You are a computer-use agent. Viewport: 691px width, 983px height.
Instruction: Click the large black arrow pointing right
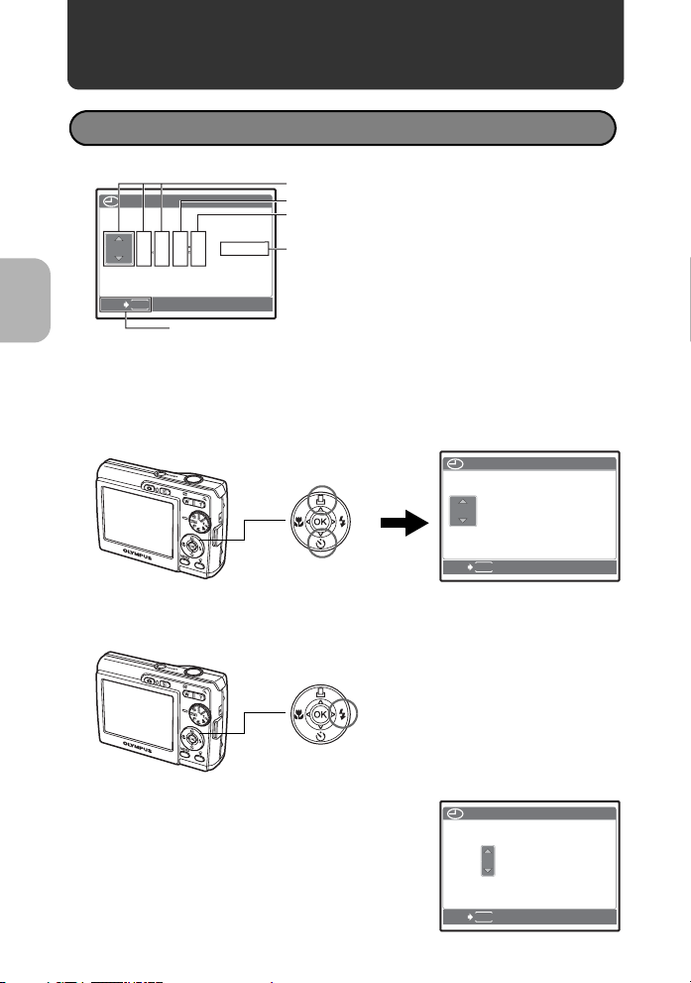[x=404, y=522]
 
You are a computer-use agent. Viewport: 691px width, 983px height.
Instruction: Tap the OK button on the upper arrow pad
[x=320, y=522]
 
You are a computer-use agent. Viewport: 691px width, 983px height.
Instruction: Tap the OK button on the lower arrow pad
[x=320, y=714]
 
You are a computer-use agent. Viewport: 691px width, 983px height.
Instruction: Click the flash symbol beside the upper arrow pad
[x=342, y=521]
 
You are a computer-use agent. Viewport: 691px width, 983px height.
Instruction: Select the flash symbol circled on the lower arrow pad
[x=342, y=713]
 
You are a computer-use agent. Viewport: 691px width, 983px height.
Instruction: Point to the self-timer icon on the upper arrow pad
[x=321, y=543]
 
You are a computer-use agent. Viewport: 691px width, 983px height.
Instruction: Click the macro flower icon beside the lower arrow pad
[x=298, y=714]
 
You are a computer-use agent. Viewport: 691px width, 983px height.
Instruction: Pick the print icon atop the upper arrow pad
[x=321, y=500]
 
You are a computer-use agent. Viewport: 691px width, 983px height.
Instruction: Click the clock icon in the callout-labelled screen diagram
[x=110, y=202]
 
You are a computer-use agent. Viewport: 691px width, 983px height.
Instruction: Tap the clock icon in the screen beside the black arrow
[x=455, y=464]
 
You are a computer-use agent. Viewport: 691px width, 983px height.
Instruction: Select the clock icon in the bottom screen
[x=455, y=813]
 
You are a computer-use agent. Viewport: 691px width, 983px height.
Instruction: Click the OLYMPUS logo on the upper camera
[x=138, y=554]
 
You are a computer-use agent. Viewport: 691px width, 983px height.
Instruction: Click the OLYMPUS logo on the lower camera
[x=138, y=747]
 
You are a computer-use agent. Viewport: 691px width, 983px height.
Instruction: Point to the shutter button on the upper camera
[x=192, y=478]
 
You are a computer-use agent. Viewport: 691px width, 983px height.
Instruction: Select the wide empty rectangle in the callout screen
[x=244, y=249]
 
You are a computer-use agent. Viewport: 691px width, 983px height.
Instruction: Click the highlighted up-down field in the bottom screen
[x=488, y=861]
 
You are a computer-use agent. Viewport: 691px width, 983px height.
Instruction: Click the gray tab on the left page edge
[x=25, y=301]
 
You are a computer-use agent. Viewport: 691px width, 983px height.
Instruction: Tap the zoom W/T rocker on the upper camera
[x=195, y=503]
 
